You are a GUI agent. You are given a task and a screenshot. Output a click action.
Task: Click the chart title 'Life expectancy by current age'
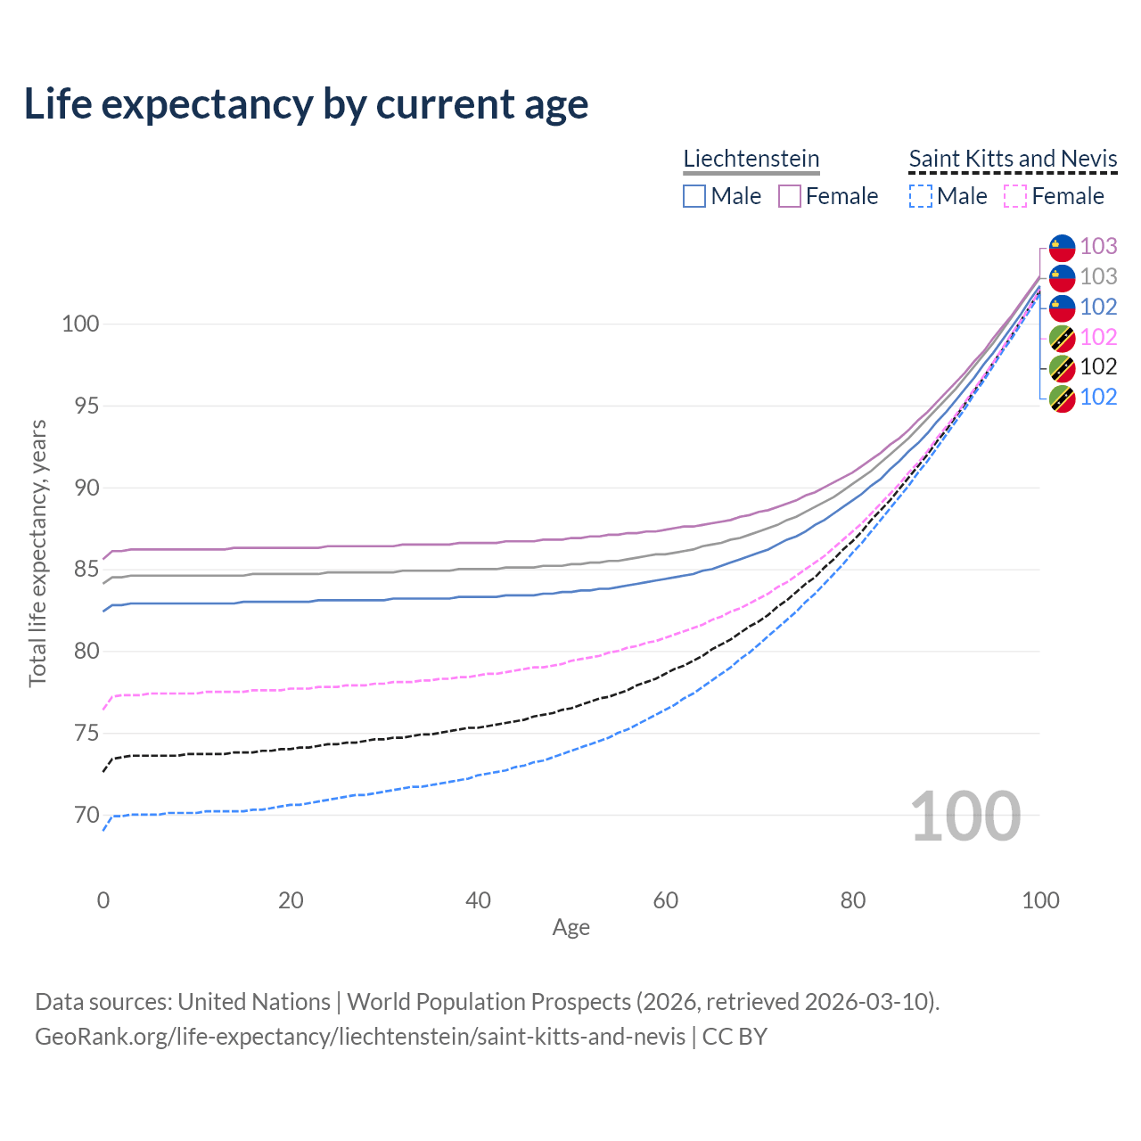pyautogui.click(x=306, y=104)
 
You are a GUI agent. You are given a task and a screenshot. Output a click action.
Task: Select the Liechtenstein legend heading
pyautogui.click(x=751, y=159)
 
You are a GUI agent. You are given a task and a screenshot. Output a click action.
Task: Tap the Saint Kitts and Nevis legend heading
pyautogui.click(x=1013, y=159)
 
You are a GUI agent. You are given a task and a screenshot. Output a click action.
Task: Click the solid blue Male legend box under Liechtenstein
pyautogui.click(x=694, y=196)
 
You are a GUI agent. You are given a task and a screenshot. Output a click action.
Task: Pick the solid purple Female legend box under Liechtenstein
pyautogui.click(x=790, y=196)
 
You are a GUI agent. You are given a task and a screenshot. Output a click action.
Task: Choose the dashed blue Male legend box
pyautogui.click(x=921, y=196)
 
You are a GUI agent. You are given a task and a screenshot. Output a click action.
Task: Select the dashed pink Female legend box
pyautogui.click(x=1015, y=196)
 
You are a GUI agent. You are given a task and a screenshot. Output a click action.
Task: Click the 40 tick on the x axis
pyautogui.click(x=478, y=900)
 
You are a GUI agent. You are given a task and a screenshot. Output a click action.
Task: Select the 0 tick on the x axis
pyautogui.click(x=103, y=900)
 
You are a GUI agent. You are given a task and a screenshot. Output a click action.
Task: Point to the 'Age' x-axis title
pyautogui.click(x=570, y=928)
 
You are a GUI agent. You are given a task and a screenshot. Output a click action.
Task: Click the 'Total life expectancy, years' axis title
pyautogui.click(x=37, y=553)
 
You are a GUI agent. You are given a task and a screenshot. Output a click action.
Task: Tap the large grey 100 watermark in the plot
pyautogui.click(x=965, y=816)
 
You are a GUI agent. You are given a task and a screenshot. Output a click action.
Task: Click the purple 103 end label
pyautogui.click(x=1098, y=246)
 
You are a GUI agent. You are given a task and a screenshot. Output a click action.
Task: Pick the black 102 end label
pyautogui.click(x=1098, y=366)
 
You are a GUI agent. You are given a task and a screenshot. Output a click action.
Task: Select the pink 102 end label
pyautogui.click(x=1098, y=337)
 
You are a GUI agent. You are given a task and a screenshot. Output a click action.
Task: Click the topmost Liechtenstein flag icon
pyautogui.click(x=1062, y=247)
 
